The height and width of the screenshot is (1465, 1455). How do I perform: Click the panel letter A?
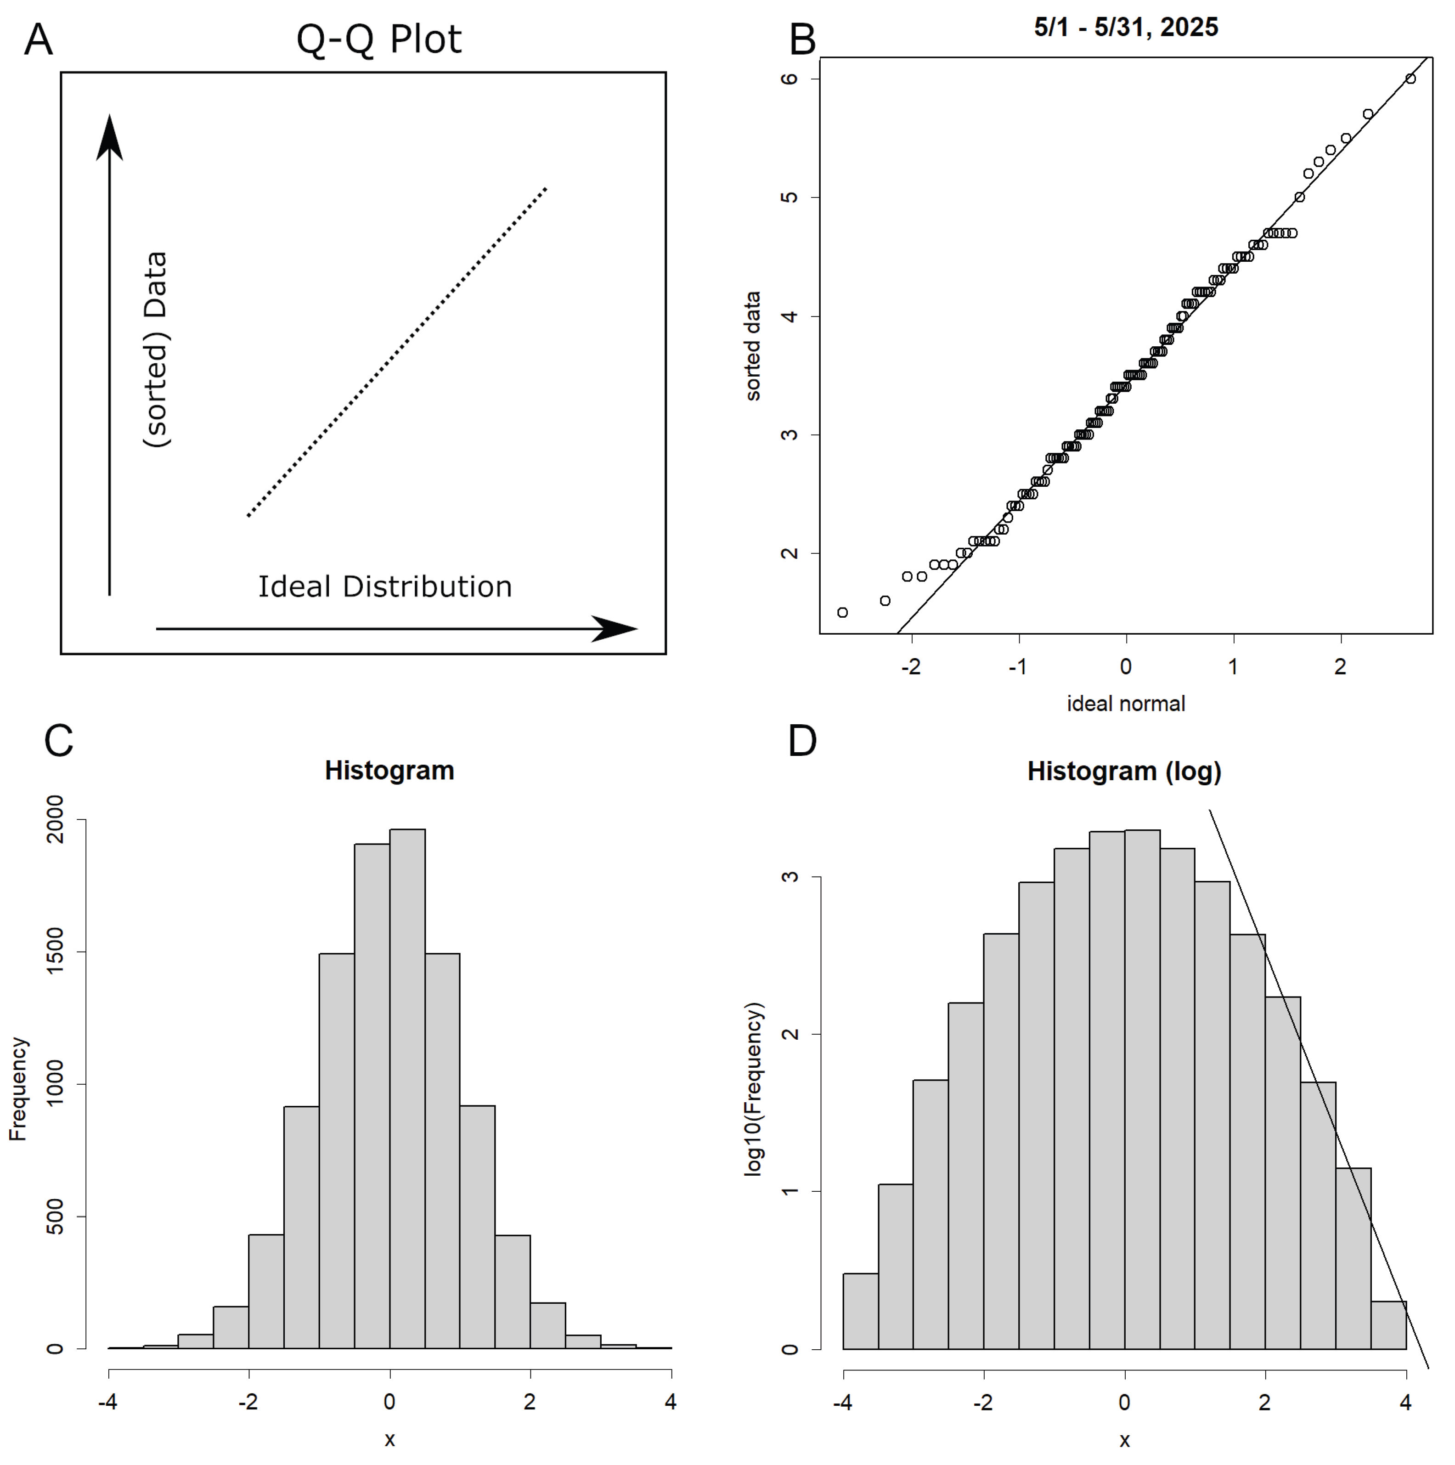[38, 39]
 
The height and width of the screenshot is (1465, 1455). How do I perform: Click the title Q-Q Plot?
[378, 39]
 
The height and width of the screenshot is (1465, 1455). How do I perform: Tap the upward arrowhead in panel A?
[110, 138]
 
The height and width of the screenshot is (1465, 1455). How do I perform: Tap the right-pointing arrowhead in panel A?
[614, 629]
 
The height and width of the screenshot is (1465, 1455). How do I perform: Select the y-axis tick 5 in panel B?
[790, 197]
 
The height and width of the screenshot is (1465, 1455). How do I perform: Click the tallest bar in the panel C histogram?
[407, 1092]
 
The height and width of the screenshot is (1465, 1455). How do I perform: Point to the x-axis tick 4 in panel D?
[1406, 1403]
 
